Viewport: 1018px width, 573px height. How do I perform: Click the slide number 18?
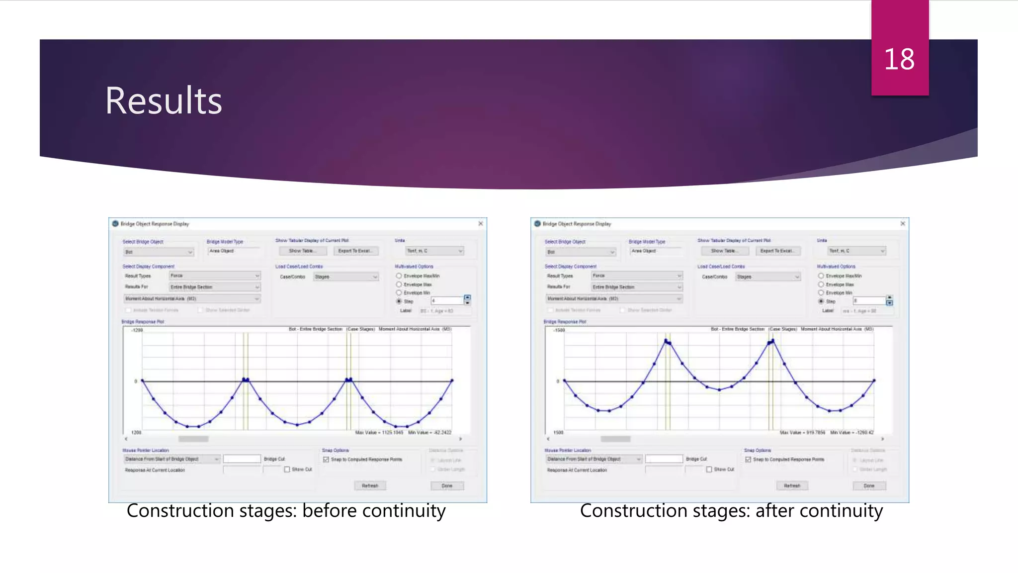coord(899,60)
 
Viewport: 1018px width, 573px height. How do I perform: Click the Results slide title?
coord(164,101)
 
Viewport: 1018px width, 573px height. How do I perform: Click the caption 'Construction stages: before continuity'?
coord(286,511)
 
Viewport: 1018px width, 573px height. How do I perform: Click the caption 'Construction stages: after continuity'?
coord(731,511)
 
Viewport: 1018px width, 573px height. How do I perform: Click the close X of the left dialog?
coord(481,224)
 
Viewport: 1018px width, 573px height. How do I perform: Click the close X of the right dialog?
coord(903,224)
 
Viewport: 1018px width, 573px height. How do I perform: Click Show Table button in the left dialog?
coord(302,251)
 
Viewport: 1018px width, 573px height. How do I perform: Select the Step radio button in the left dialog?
coord(399,301)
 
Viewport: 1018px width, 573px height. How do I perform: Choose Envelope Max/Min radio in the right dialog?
coord(821,276)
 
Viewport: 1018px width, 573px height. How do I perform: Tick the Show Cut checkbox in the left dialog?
coord(287,470)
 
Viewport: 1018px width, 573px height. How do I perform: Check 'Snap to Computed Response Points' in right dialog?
coord(748,460)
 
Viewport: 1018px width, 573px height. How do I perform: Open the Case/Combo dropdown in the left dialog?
coord(346,277)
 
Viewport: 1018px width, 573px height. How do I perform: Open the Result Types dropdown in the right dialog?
coord(637,276)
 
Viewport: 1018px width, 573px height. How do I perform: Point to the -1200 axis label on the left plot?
coord(137,330)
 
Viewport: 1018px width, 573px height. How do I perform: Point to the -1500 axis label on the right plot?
coord(559,330)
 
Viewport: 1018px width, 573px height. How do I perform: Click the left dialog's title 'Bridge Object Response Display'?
coord(155,224)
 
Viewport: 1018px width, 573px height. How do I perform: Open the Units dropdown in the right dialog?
coord(856,251)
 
